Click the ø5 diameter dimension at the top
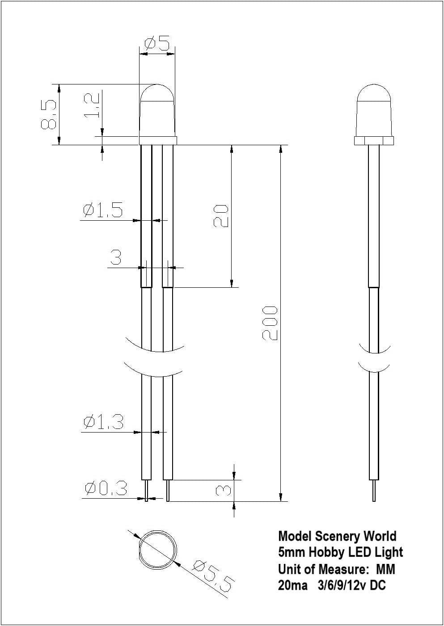click(157, 43)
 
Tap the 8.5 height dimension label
click(49, 114)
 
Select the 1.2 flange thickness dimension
click(92, 105)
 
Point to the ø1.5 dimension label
click(102, 210)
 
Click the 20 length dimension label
click(220, 216)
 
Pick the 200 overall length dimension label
click(269, 323)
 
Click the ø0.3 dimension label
click(106, 489)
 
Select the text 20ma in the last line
click(292, 585)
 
